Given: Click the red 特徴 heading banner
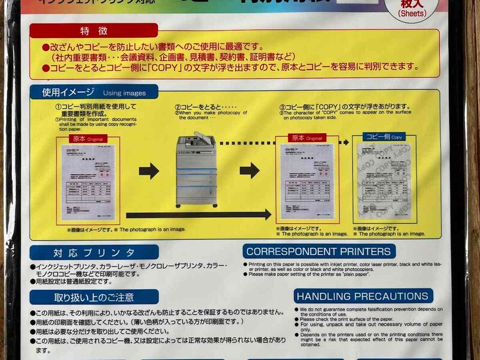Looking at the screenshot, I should (92, 31).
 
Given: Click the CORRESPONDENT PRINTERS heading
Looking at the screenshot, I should (318, 251).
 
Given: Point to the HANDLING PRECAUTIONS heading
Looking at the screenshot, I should (363, 296).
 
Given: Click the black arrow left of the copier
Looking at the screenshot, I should (149, 171).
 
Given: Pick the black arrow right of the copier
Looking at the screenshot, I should (250, 171).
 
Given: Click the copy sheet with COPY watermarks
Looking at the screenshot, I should (383, 182).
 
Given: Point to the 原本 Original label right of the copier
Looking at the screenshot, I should (306, 137).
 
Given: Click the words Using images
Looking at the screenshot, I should (124, 93).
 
